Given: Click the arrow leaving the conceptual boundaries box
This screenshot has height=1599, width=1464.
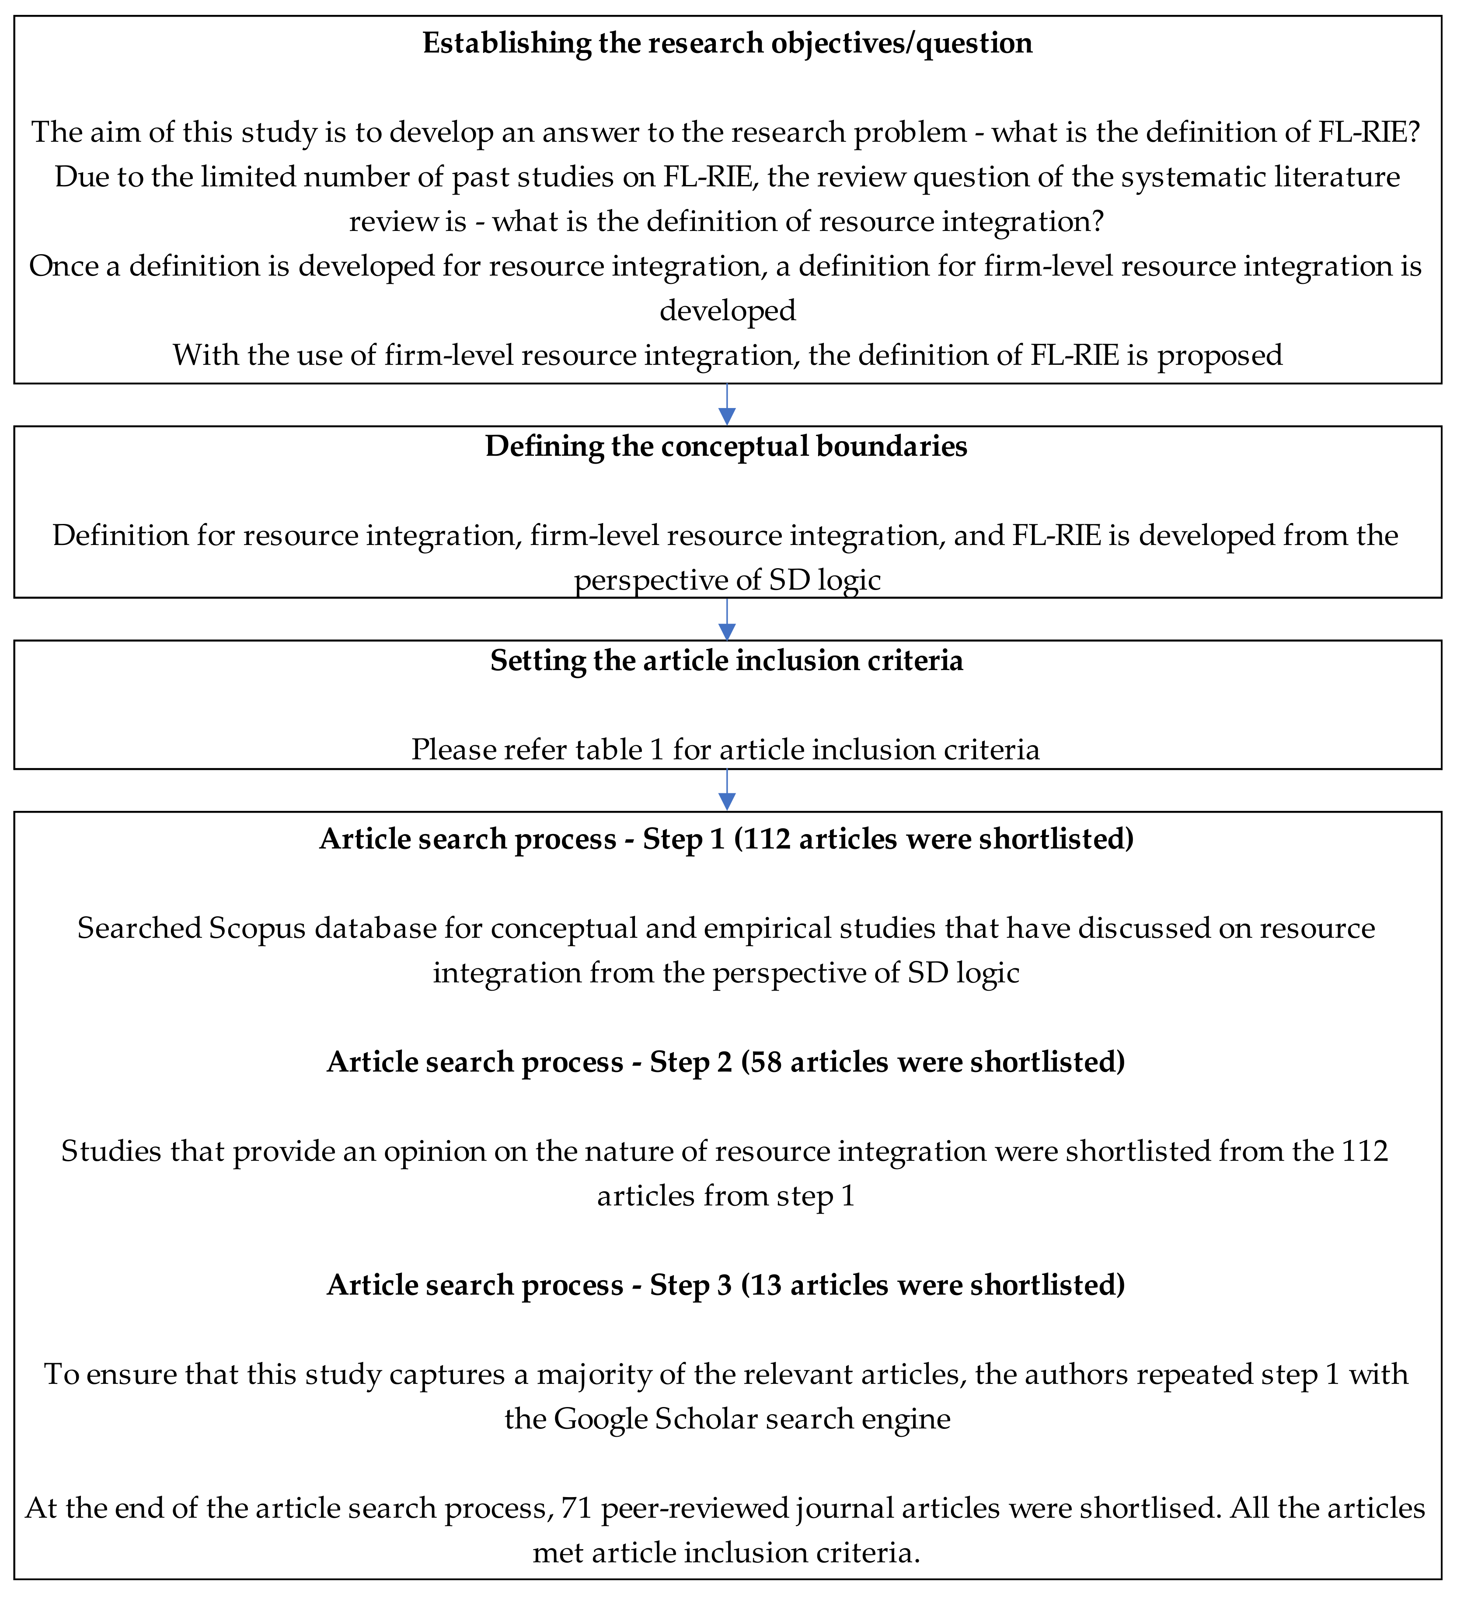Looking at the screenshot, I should pos(726,619).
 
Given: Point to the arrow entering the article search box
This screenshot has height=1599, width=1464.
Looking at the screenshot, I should pos(726,791).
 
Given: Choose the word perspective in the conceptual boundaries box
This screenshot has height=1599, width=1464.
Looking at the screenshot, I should pos(655,580).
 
